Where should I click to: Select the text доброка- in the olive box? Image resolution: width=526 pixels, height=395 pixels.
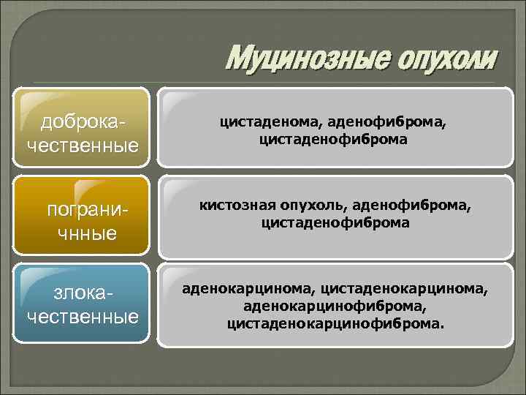coord(83,119)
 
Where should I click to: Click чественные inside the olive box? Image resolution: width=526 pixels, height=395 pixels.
coord(83,144)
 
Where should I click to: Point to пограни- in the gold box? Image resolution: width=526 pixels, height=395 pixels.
coord(83,210)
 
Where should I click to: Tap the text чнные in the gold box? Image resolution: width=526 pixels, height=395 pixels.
coord(83,234)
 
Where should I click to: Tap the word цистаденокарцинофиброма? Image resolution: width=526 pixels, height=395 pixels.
coord(335,321)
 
